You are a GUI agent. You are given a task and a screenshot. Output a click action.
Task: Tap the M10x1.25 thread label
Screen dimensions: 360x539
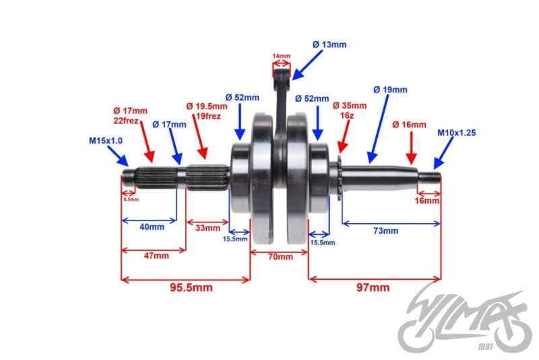(457, 133)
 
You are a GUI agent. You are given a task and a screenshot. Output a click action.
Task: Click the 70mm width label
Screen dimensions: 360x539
(280, 256)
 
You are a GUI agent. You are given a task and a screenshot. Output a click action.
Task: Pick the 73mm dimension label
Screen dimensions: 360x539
(386, 231)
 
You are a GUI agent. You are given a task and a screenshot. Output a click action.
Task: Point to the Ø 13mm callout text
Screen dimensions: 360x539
(329, 44)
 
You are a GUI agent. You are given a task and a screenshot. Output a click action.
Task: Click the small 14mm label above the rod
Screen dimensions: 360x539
(280, 56)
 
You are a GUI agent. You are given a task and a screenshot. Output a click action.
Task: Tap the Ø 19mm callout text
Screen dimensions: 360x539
(391, 90)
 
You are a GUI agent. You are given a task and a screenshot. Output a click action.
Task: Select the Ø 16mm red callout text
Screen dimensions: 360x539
(410, 125)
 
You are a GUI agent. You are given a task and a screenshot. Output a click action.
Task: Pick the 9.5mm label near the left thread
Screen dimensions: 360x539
(131, 199)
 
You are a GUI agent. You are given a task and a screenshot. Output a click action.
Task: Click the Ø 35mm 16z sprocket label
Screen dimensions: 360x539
(350, 111)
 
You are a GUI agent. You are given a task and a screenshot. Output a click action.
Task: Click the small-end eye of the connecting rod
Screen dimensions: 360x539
(281, 69)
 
